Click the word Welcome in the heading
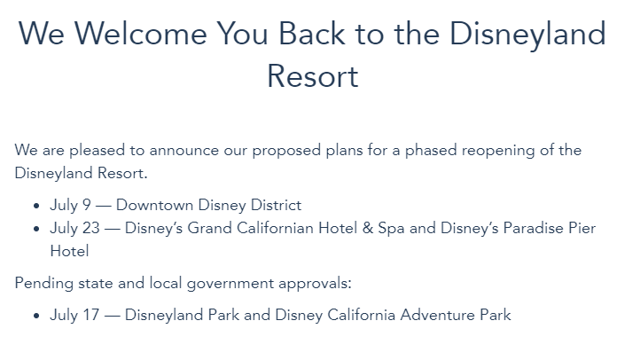(140, 34)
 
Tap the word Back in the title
(312, 34)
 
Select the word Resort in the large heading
(313, 76)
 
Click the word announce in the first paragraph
(184, 151)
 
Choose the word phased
(431, 151)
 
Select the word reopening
(498, 151)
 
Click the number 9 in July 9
(87, 205)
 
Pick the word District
(276, 205)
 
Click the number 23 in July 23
(91, 228)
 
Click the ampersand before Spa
(368, 228)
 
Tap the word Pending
(44, 284)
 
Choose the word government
(230, 284)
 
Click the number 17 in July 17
(91, 315)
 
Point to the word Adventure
(438, 315)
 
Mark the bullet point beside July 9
(36, 206)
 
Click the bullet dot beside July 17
(36, 316)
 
